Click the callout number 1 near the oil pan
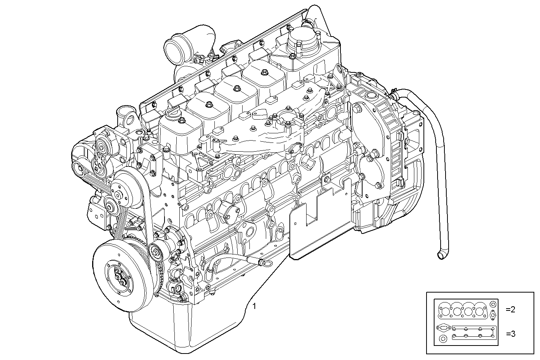(254, 306)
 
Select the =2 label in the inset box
(511, 309)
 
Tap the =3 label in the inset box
(511, 334)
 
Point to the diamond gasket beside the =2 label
(493, 315)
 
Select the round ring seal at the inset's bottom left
(443, 339)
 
